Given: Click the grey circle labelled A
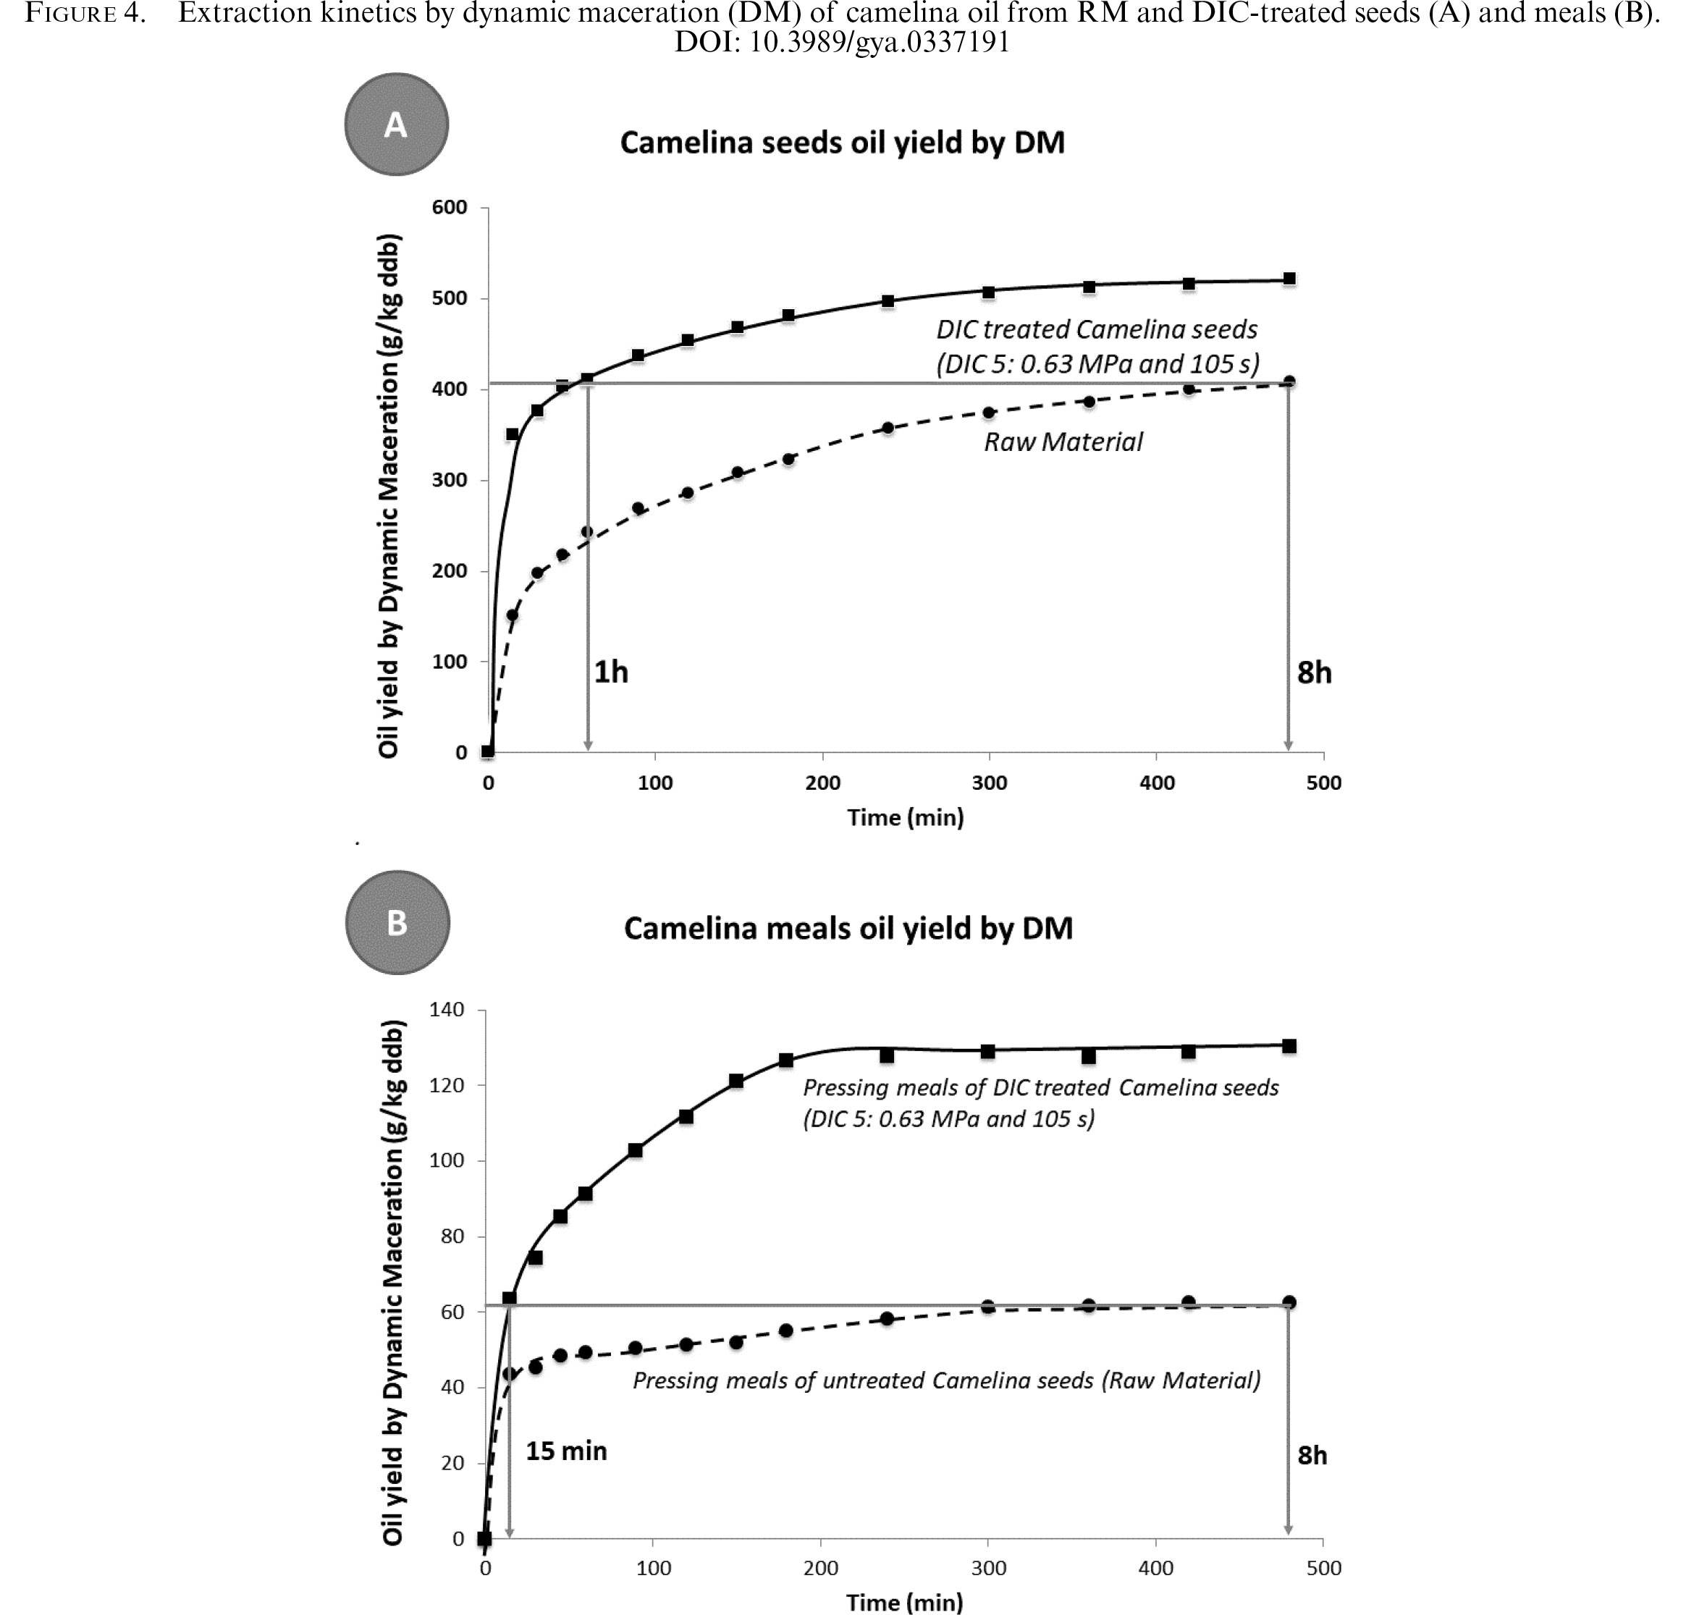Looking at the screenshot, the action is click(x=397, y=125).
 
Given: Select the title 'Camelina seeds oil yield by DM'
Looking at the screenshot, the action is click(x=842, y=143).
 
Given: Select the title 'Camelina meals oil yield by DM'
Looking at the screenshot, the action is click(x=848, y=929).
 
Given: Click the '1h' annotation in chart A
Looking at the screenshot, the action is click(x=611, y=672).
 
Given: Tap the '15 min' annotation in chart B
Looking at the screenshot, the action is click(x=566, y=1451).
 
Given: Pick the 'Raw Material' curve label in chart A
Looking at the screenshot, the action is click(x=1063, y=442).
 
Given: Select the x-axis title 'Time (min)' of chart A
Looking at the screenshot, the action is click(x=905, y=817).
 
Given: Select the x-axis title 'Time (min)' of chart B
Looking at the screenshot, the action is click(x=904, y=1602).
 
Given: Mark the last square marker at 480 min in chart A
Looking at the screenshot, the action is click(x=1289, y=279).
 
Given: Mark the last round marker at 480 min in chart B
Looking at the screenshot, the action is click(x=1289, y=1302).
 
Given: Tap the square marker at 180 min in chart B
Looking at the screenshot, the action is click(x=785, y=1060).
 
